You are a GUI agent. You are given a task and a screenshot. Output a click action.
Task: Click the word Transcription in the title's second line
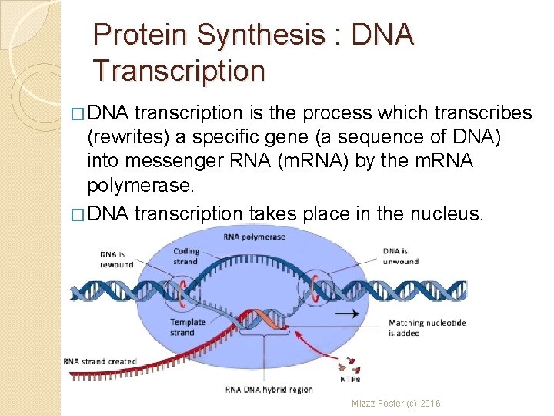179,70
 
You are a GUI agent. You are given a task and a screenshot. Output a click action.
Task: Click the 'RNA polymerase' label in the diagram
254,237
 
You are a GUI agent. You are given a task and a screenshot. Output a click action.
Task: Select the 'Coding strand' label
186,256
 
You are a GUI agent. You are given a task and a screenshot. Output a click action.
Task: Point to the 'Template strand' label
188,327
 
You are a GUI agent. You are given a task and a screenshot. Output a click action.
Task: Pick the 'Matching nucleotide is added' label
426,328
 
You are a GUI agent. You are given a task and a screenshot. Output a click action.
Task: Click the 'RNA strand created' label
100,361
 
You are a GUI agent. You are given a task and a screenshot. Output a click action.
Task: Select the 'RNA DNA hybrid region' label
269,390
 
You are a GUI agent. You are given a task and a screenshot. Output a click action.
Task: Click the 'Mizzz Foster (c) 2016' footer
396,404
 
